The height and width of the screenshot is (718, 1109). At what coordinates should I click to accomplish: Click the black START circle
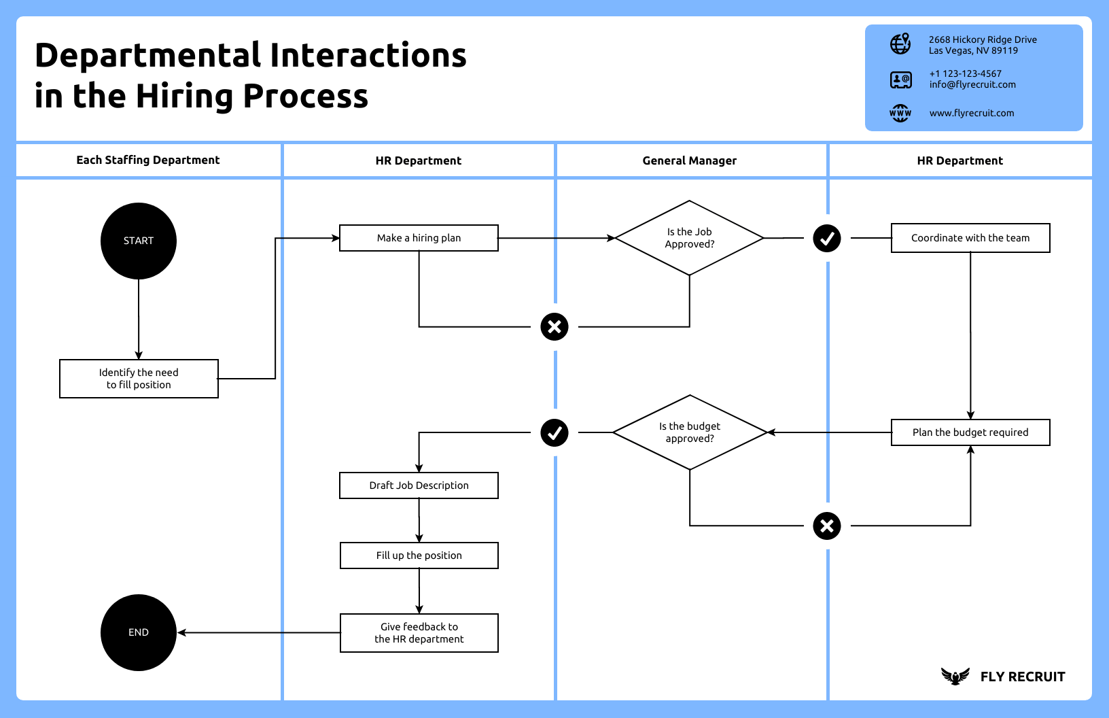[139, 241]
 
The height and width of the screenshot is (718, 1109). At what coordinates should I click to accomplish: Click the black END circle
[139, 632]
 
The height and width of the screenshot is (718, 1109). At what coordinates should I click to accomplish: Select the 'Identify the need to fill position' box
[139, 379]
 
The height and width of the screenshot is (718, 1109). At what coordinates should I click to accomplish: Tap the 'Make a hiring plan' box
[419, 238]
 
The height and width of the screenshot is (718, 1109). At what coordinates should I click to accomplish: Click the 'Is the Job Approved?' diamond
[689, 238]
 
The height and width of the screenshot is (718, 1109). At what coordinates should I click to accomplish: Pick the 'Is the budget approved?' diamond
[689, 432]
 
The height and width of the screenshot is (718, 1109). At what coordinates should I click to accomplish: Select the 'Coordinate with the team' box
[970, 238]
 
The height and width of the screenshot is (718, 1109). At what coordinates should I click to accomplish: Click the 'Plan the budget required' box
[970, 432]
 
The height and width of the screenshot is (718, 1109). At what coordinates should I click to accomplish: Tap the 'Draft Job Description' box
[419, 485]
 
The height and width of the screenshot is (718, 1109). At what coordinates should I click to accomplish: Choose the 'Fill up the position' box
[419, 555]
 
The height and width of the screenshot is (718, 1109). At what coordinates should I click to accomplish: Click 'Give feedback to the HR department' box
[419, 633]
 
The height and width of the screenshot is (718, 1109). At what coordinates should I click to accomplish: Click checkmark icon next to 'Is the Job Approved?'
[827, 239]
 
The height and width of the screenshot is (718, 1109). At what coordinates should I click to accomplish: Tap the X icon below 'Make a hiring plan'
[554, 327]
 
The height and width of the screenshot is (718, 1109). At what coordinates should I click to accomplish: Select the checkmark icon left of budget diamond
[554, 433]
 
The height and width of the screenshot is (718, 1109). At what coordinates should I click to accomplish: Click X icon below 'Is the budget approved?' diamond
[827, 526]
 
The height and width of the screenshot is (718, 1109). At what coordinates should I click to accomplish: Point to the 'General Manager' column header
[689, 160]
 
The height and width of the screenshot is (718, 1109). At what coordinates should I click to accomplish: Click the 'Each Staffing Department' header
[148, 160]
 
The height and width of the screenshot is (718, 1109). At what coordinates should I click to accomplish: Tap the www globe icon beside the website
[900, 113]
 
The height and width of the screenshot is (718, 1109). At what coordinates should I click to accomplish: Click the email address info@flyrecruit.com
[972, 85]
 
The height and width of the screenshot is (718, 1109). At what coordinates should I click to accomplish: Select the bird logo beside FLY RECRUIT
[955, 676]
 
